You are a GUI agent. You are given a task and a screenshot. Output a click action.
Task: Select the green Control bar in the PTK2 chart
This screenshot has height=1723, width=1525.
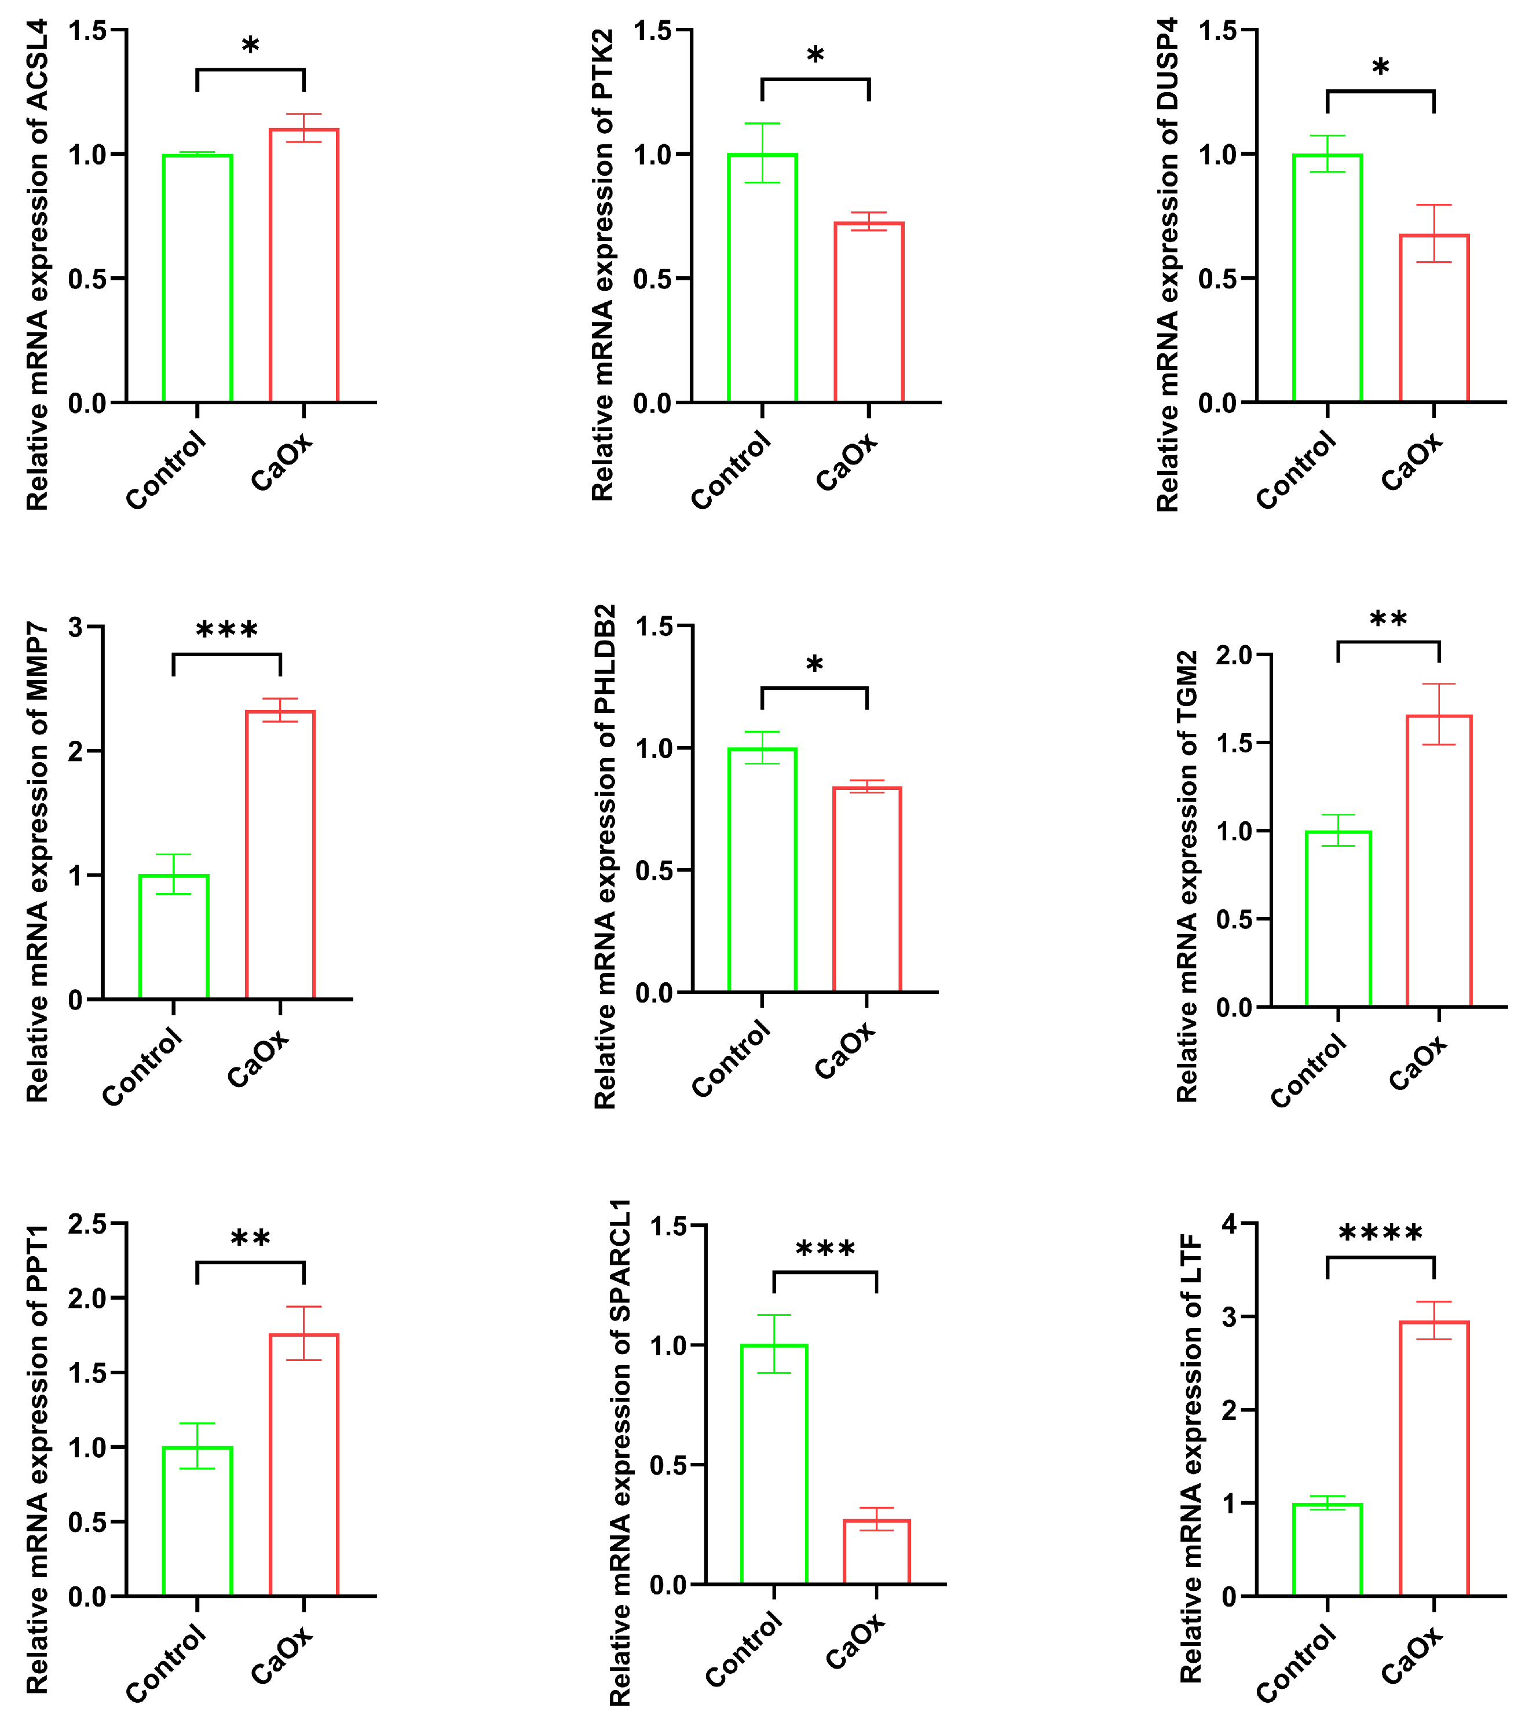762,278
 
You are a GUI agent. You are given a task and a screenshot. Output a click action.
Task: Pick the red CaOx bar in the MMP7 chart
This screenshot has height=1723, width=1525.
281,855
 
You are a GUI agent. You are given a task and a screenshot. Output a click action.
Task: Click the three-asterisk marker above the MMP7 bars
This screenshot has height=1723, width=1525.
227,631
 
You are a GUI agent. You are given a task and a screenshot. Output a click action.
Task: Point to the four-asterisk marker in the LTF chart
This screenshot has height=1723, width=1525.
1381,1235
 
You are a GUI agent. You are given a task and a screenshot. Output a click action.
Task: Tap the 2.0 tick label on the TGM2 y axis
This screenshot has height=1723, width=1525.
1235,655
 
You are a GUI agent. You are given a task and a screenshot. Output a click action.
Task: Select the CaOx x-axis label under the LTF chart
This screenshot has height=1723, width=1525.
1412,1656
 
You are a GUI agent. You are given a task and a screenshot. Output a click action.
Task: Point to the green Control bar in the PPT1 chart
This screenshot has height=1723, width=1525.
198,1521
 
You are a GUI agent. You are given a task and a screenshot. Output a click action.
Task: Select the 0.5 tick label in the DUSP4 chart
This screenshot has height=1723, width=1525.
1216,279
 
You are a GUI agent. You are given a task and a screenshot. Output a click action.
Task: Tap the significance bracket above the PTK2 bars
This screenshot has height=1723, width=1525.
815,80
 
